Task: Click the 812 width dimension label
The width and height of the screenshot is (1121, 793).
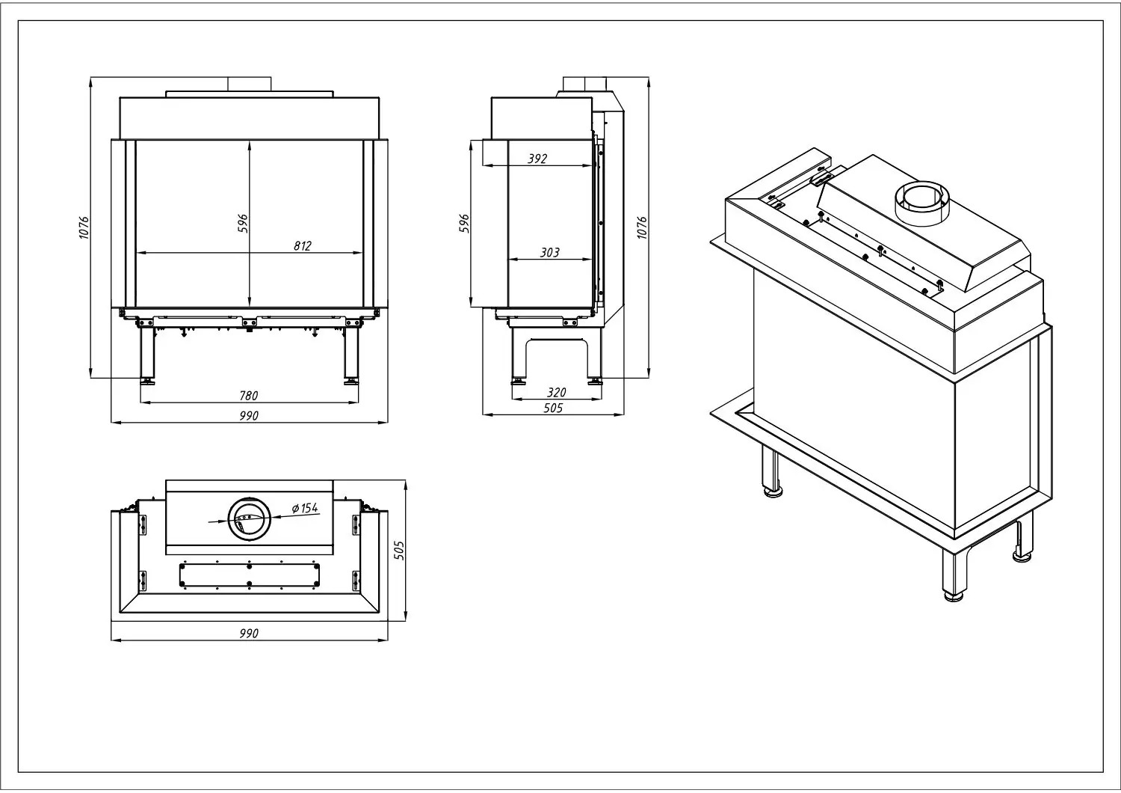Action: (302, 246)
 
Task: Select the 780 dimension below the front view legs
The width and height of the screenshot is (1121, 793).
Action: (248, 396)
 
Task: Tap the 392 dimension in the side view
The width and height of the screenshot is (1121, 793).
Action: (537, 159)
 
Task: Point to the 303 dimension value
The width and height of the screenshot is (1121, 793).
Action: (549, 252)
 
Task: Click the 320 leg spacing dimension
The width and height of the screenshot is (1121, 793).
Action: (556, 392)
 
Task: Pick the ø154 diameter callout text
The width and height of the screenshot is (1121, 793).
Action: (305, 508)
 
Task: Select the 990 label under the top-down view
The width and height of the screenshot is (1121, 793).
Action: (249, 633)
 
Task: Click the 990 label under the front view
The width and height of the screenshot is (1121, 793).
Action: (249, 416)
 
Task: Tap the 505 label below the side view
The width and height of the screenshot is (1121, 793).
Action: (553, 408)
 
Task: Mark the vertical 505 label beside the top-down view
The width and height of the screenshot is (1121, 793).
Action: (399, 550)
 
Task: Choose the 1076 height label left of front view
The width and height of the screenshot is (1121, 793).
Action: (84, 227)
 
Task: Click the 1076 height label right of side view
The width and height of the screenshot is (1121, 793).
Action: (642, 227)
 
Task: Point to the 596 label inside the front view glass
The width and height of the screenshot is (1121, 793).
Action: (242, 224)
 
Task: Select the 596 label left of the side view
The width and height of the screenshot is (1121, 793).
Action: (465, 224)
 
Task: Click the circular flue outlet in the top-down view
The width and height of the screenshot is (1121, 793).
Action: (250, 518)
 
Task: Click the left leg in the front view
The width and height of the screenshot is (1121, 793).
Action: (147, 355)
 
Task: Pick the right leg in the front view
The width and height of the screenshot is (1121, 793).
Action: (351, 355)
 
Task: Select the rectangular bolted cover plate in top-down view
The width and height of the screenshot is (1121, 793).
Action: (249, 575)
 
